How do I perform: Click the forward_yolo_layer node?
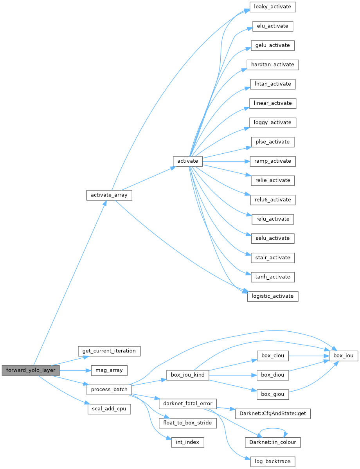pos(31,370)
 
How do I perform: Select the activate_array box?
pos(109,195)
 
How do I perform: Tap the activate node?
pos(188,161)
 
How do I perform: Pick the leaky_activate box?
pos(272,7)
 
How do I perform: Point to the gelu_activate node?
pos(273,45)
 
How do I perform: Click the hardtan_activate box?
pos(273,65)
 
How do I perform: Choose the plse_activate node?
pos(272,142)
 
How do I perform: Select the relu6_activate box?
pos(273,199)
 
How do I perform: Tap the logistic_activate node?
pos(273,296)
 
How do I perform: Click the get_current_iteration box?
pos(109,351)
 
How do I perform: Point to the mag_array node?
pos(109,370)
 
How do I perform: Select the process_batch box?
pos(109,390)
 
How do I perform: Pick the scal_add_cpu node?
pos(109,409)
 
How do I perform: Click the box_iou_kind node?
pos(188,375)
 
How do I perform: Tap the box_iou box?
pos(343,356)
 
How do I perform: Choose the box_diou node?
pos(272,375)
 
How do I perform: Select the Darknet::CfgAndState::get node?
pos(272,413)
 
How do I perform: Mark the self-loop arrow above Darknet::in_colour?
pos(273,429)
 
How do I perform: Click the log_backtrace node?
pos(272,462)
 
